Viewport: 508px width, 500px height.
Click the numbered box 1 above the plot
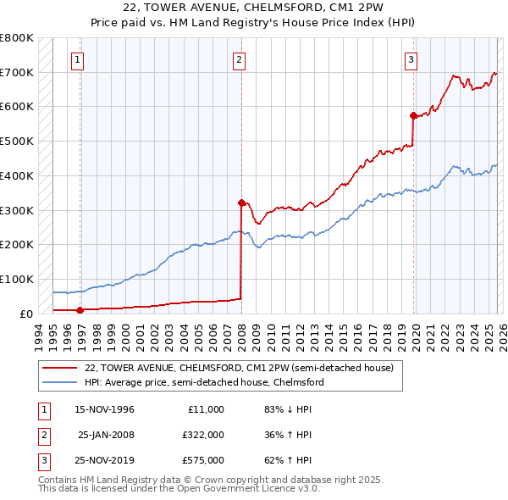(x=77, y=59)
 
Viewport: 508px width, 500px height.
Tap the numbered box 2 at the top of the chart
(x=240, y=59)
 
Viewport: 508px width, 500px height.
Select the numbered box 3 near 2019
(x=411, y=59)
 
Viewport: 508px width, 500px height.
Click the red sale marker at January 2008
(x=241, y=203)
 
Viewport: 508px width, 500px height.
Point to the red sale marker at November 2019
(x=413, y=115)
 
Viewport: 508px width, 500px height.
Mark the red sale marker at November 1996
(x=80, y=309)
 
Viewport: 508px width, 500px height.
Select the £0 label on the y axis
(x=25, y=314)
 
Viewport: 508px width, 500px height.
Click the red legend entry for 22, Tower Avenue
(x=239, y=369)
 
